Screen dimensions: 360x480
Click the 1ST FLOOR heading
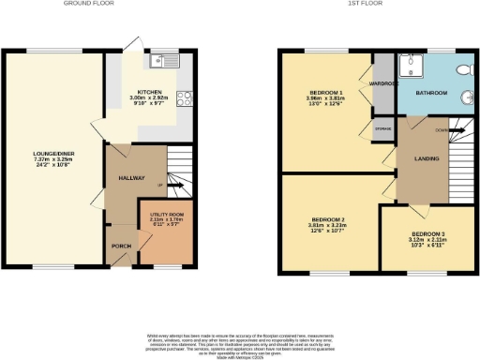pyautogui.click(x=361, y=4)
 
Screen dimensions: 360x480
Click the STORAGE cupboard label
pyautogui.click(x=383, y=127)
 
